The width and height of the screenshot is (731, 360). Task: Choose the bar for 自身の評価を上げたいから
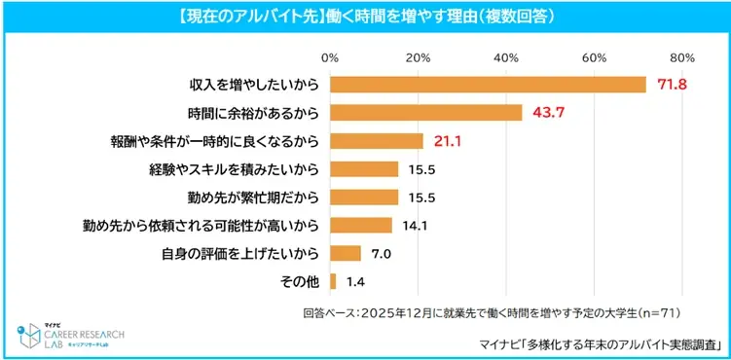pos(346,254)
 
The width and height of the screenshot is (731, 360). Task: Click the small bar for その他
pos(334,282)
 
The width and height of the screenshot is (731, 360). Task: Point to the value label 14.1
pos(414,226)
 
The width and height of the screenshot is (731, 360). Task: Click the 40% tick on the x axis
pos(506,56)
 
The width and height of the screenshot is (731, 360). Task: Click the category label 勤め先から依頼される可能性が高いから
pos(201,226)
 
